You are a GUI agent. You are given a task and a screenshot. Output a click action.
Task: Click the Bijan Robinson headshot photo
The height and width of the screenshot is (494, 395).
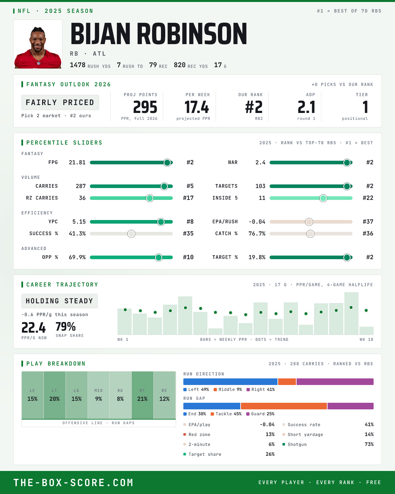pyautogui.click(x=38, y=44)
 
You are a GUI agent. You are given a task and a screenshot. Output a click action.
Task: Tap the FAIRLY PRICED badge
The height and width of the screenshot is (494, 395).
pyautogui.click(x=60, y=102)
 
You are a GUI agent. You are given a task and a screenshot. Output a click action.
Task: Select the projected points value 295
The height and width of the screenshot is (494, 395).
pyautogui.click(x=145, y=107)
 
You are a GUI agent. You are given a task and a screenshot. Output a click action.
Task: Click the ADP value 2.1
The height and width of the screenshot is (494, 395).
pyautogui.click(x=306, y=107)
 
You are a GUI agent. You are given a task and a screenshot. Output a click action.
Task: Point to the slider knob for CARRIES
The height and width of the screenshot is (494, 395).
pyautogui.click(x=164, y=186)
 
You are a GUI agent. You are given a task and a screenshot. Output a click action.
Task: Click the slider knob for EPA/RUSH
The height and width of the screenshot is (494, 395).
pyautogui.click(x=309, y=222)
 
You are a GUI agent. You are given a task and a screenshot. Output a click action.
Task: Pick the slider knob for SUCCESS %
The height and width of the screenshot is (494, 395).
pyautogui.click(x=131, y=234)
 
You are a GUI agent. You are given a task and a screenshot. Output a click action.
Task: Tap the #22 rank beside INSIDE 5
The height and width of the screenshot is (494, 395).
pyautogui.click(x=368, y=198)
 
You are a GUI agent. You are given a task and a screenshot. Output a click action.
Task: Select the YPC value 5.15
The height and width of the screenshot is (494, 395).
pyautogui.click(x=79, y=222)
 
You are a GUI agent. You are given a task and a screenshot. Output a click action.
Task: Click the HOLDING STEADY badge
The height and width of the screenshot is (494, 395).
pyautogui.click(x=60, y=301)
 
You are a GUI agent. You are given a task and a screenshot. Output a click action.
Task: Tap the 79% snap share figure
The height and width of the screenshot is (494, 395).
pyautogui.click(x=66, y=326)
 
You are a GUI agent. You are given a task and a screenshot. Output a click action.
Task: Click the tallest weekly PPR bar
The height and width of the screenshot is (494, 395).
pyautogui.click(x=351, y=313)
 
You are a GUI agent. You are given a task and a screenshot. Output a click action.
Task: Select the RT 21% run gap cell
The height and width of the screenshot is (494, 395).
pyautogui.click(x=143, y=395)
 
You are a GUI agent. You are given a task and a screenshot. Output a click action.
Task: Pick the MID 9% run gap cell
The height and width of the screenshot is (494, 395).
pyautogui.click(x=99, y=395)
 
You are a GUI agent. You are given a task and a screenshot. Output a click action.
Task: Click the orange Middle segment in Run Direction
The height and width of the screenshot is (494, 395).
pyautogui.click(x=287, y=382)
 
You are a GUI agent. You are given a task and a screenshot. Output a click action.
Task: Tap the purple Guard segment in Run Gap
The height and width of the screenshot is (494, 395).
pyautogui.click(x=351, y=406)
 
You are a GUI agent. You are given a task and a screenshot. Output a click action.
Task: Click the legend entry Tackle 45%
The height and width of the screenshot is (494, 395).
pyautogui.click(x=226, y=414)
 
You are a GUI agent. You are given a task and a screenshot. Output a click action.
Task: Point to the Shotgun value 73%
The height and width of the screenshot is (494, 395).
pyautogui.click(x=369, y=444)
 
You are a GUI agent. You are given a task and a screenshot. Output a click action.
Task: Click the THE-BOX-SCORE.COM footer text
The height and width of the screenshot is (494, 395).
pyautogui.click(x=73, y=482)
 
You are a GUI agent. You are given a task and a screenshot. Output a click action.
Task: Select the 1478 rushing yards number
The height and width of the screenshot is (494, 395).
pyautogui.click(x=78, y=65)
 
